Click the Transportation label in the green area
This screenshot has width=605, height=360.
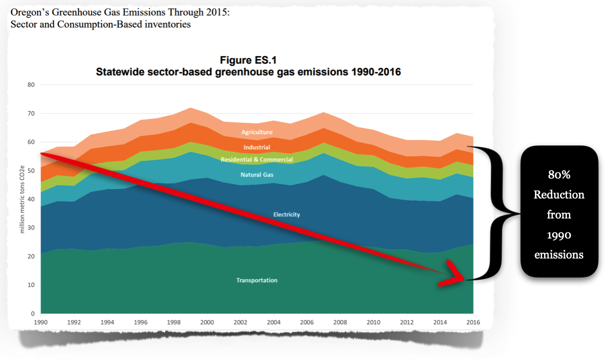pyautogui.click(x=256, y=280)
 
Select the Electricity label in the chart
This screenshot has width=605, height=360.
pyautogui.click(x=286, y=214)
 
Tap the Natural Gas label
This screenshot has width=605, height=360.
pyautogui.click(x=257, y=175)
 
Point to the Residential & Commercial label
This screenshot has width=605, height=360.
pyautogui.click(x=256, y=159)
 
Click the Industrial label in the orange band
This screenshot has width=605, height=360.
pyautogui.click(x=257, y=147)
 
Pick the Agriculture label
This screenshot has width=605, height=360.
pyautogui.click(x=256, y=132)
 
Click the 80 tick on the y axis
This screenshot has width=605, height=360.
pyautogui.click(x=31, y=85)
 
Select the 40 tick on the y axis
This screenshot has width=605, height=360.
pyautogui.click(x=31, y=199)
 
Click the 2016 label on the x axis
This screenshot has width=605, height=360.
pyautogui.click(x=472, y=322)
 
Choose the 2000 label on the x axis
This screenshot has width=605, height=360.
pyautogui.click(x=206, y=322)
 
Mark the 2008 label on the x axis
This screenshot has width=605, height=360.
pyautogui.click(x=339, y=322)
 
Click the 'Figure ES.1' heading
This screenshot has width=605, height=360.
pyautogui.click(x=248, y=60)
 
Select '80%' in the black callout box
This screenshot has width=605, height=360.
pyautogui.click(x=558, y=175)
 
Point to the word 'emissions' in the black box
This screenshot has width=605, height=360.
pyautogui.click(x=558, y=254)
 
